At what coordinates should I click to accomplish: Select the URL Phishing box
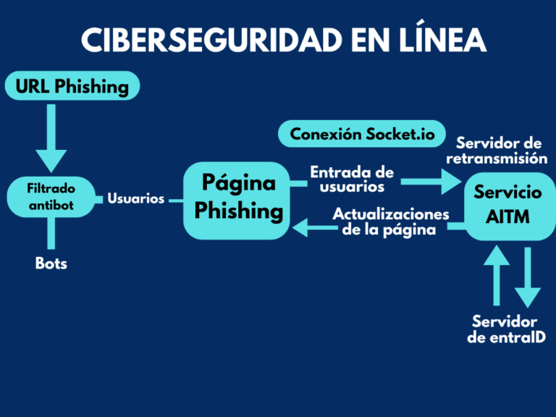72,87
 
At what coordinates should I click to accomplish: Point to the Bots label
51,264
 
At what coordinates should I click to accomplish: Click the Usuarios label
136,198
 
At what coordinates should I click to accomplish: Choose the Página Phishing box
238,198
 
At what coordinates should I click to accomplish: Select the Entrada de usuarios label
353,180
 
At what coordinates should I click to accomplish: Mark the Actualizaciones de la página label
391,223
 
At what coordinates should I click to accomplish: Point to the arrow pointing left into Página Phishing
311,229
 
